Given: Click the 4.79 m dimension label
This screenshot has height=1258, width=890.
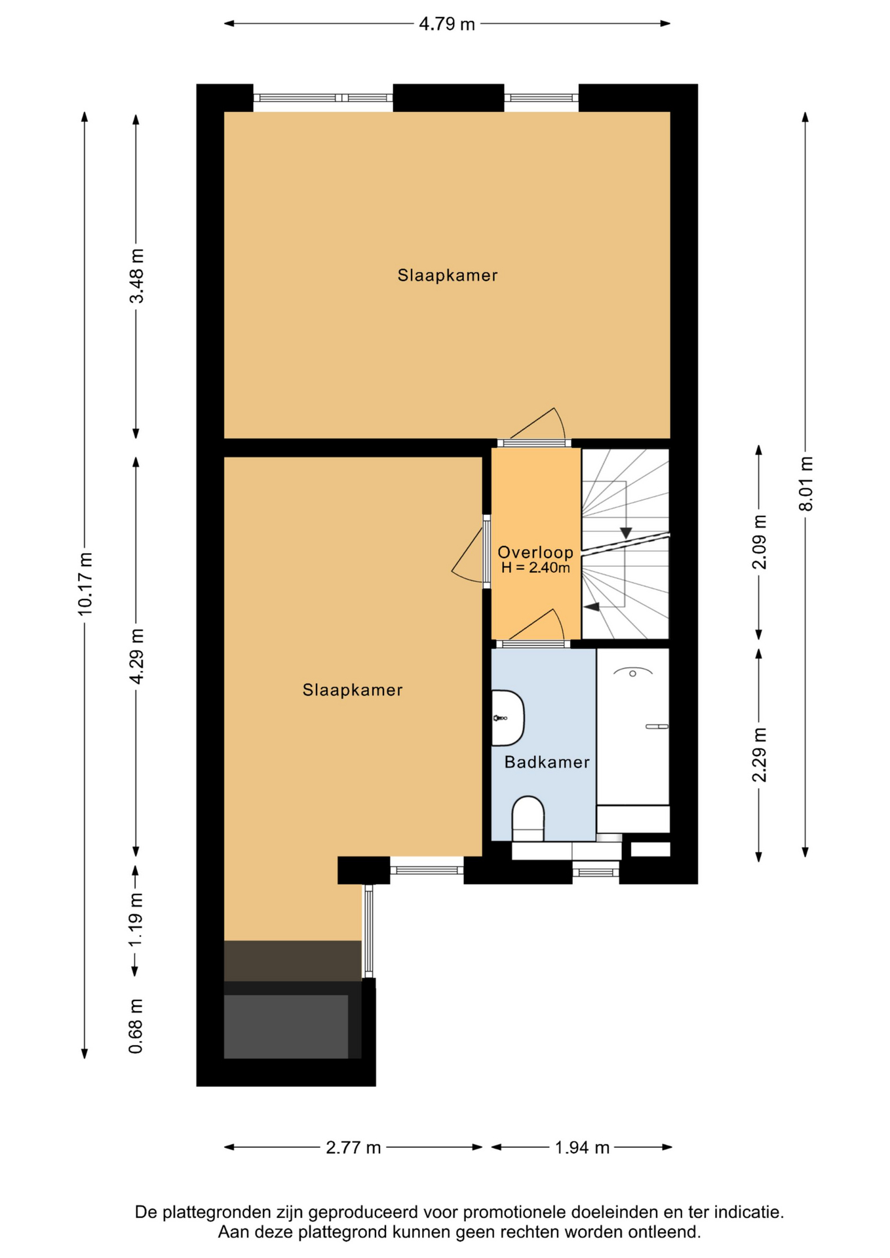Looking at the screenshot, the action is click(447, 24).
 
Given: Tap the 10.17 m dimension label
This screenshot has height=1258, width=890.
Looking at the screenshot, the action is click(85, 584).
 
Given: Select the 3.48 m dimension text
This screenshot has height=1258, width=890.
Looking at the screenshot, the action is click(136, 276).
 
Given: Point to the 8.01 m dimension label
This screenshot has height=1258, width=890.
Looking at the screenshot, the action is click(805, 484).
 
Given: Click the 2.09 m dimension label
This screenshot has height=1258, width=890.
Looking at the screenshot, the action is click(759, 543).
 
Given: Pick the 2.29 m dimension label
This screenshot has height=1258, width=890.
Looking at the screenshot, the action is click(759, 755).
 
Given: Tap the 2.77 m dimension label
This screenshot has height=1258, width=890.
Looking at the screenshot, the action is click(353, 1148).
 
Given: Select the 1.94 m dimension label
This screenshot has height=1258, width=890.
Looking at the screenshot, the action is click(582, 1148).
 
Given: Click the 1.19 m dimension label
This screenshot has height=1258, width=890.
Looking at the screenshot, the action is click(136, 919).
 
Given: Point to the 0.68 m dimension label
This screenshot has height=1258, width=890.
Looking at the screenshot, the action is click(136, 1026).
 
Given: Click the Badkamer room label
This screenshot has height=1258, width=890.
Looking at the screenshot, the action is click(547, 762).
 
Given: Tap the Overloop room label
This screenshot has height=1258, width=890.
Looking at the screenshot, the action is click(535, 552).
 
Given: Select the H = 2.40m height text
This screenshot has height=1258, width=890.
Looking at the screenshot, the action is click(535, 568).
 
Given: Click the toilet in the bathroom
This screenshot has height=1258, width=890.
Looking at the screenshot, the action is click(528, 819).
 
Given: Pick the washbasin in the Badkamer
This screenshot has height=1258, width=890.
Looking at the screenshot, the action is click(508, 718).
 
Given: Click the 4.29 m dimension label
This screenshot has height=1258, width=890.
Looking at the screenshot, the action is click(136, 656).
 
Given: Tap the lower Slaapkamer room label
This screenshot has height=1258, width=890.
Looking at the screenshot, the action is click(353, 690).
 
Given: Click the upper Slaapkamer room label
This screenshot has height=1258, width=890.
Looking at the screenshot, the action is click(448, 275).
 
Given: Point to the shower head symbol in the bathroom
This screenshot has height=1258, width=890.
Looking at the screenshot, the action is click(632, 672).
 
